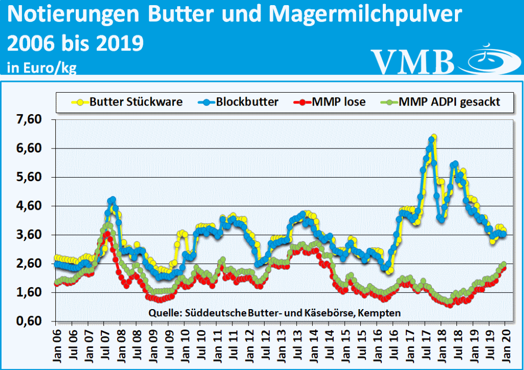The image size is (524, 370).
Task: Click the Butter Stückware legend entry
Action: click(x=128, y=102)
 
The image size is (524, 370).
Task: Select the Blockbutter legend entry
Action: click(x=239, y=102)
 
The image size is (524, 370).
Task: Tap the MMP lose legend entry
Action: click(x=333, y=102)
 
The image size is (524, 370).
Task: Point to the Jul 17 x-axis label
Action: click(x=425, y=340)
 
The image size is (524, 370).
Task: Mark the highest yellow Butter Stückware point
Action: click(x=434, y=137)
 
